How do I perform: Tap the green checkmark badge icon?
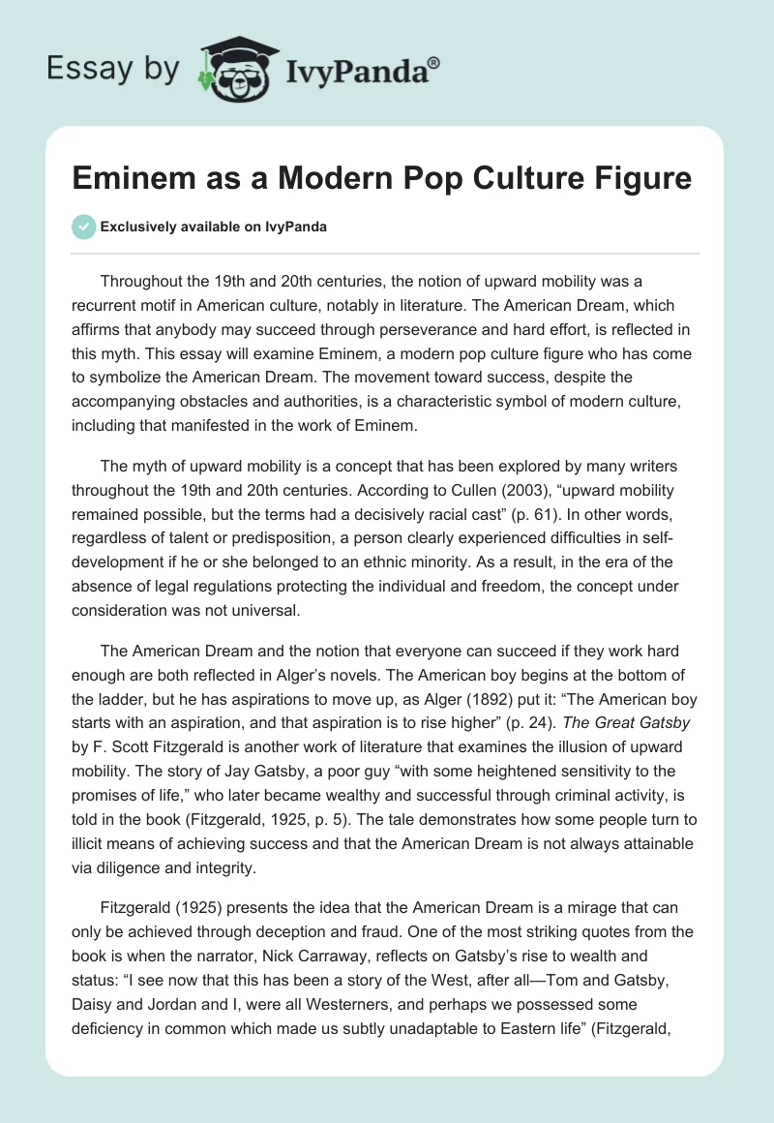click(85, 227)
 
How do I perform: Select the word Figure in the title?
click(645, 178)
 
